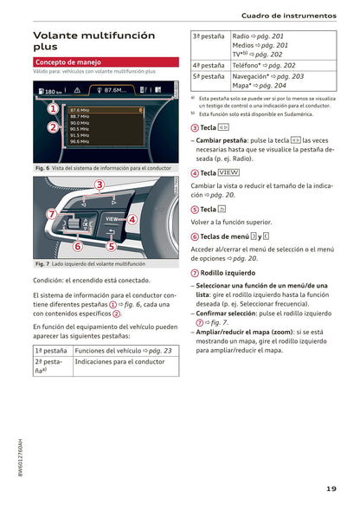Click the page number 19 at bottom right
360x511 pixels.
point(331,489)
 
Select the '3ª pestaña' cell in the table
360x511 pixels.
point(209,36)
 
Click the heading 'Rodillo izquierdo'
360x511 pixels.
point(228,273)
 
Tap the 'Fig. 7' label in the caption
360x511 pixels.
point(43,263)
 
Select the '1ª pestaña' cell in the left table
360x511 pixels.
point(51,350)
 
